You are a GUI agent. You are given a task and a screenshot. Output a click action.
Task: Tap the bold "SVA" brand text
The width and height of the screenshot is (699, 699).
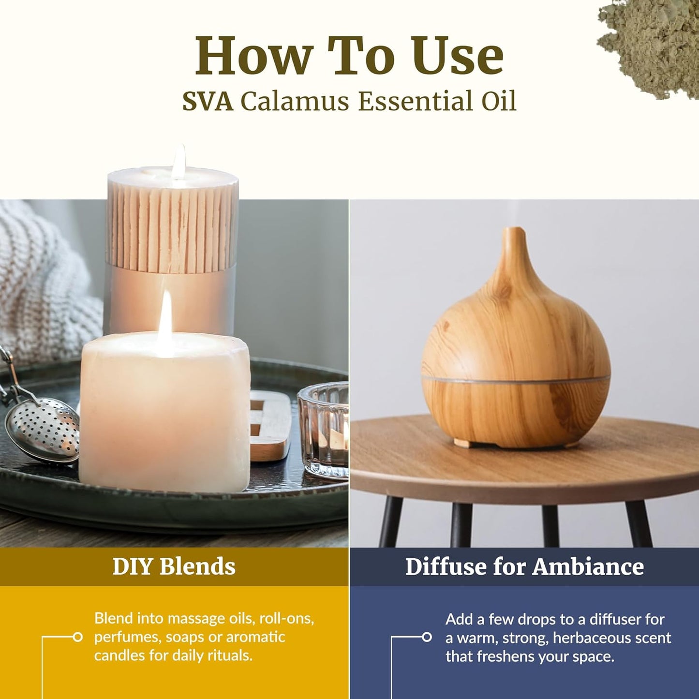(x=208, y=102)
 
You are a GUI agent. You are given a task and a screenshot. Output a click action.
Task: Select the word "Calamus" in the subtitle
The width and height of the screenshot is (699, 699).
(x=295, y=102)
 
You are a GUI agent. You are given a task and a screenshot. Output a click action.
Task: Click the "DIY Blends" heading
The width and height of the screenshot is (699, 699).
(x=174, y=566)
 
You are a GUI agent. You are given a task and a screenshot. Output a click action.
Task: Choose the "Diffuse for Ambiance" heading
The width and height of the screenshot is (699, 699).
(x=524, y=566)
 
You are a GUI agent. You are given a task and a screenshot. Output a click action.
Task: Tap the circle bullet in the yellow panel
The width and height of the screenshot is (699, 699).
(x=77, y=637)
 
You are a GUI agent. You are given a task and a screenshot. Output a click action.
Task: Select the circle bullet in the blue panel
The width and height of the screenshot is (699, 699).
(x=427, y=637)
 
